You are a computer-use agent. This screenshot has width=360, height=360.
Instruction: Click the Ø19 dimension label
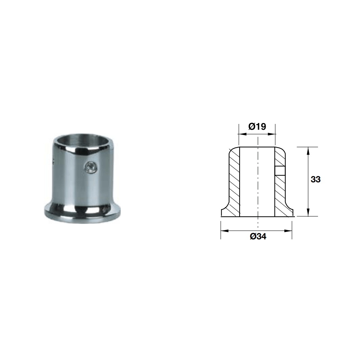pyautogui.click(x=257, y=126)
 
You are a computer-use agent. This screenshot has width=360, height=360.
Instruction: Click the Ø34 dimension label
pyautogui.click(x=258, y=236)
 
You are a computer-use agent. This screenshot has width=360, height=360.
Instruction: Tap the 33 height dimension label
pyautogui.click(x=315, y=179)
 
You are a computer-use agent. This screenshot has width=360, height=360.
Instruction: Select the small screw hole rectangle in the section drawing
pyautogui.click(x=280, y=171)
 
